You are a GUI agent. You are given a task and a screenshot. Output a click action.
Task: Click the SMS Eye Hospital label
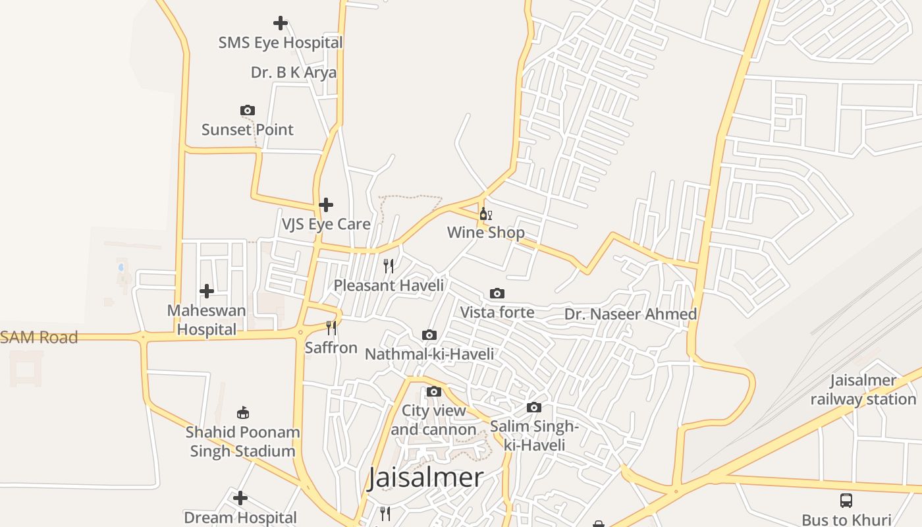click(281, 43)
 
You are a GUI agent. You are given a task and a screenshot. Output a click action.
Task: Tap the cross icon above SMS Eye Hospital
click(281, 23)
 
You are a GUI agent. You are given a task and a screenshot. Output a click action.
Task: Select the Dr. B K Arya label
click(294, 72)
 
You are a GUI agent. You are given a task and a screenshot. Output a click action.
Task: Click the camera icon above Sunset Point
click(248, 110)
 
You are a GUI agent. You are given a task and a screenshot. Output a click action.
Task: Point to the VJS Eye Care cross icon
click(326, 205)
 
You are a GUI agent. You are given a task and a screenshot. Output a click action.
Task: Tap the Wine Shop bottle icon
click(485, 213)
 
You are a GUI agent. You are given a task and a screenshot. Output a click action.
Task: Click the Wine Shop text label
click(486, 233)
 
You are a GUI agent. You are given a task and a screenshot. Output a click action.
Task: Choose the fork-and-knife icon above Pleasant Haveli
click(389, 266)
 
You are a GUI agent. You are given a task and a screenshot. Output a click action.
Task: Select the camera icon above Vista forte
click(497, 293)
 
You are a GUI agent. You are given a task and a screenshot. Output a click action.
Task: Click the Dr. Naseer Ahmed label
click(630, 314)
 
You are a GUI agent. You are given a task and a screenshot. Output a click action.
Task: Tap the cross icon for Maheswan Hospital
click(207, 291)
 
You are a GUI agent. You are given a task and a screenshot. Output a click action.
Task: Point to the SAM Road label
click(40, 337)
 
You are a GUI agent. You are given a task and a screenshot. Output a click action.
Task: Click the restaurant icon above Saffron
click(331, 328)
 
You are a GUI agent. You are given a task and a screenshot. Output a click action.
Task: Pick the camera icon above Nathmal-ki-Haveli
click(429, 335)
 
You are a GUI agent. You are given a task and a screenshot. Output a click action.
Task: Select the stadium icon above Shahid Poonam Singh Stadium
click(243, 413)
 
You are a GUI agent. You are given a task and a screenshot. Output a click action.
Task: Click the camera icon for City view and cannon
click(433, 391)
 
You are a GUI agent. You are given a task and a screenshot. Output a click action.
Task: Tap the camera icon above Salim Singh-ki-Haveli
click(534, 407)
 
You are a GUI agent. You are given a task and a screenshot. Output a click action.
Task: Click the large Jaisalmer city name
click(425, 478)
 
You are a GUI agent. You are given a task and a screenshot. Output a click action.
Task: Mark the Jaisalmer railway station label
click(863, 390)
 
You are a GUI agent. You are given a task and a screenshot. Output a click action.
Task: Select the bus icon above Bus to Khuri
click(846, 501)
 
